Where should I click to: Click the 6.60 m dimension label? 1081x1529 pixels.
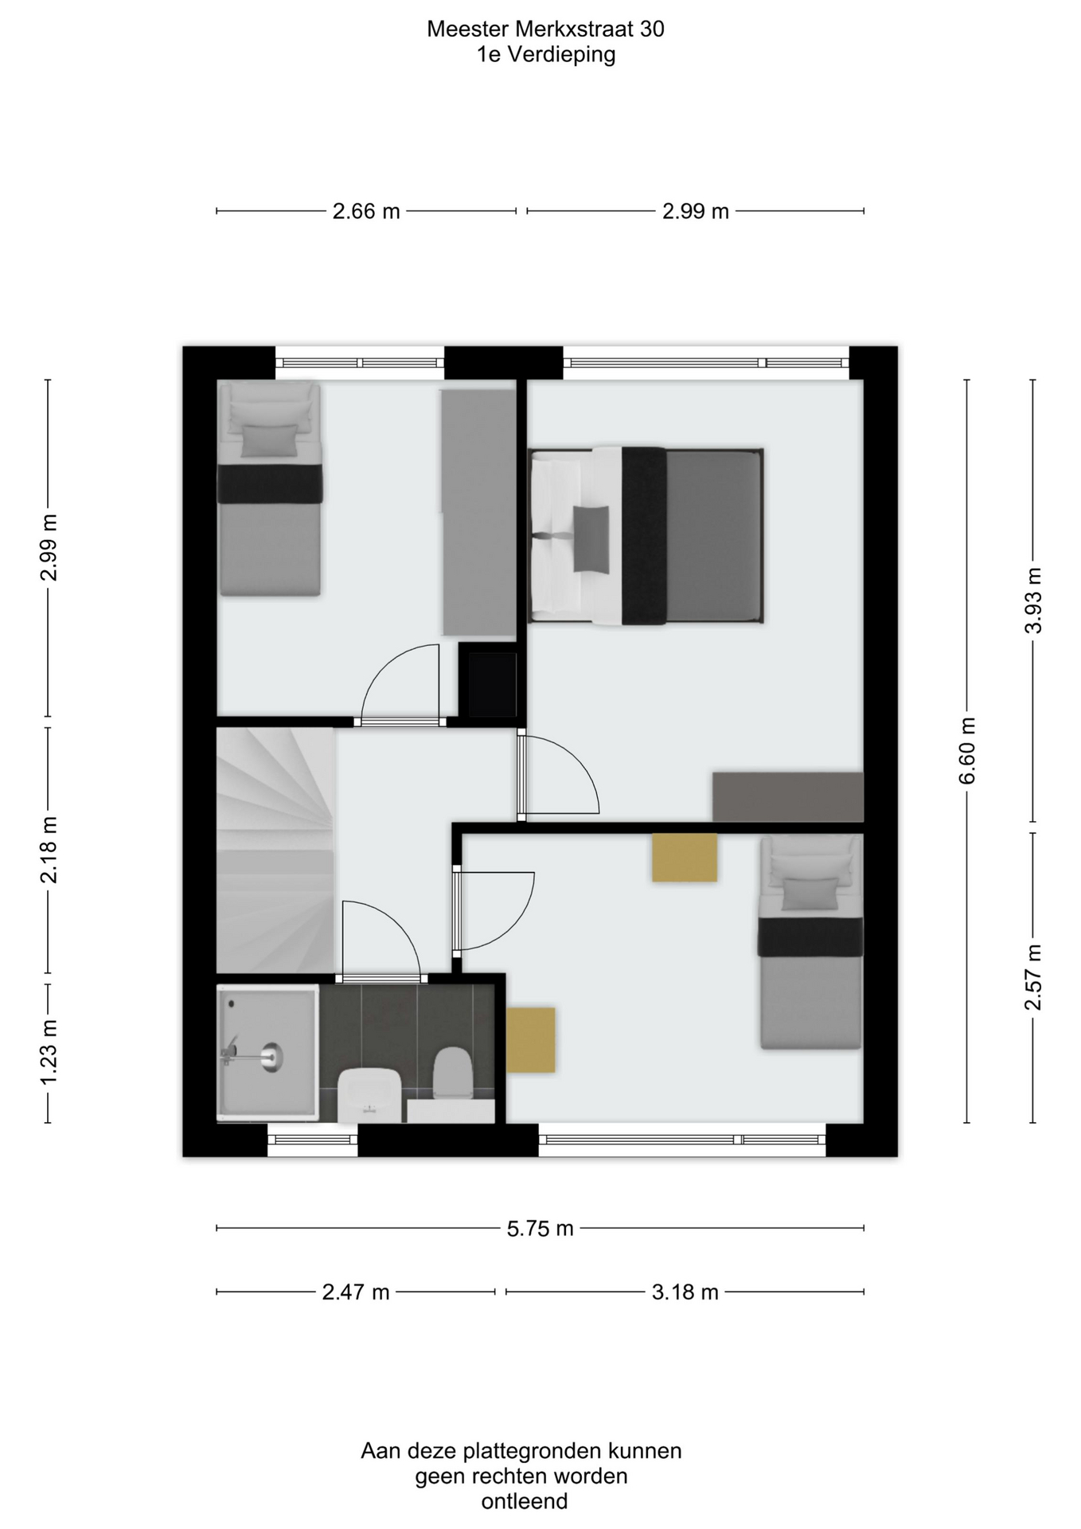click(967, 750)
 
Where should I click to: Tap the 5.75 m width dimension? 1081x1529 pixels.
click(540, 1228)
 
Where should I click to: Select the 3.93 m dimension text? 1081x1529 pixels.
click(1032, 600)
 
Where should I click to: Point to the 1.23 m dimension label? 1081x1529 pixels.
click(49, 1050)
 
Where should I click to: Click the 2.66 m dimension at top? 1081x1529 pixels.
click(366, 211)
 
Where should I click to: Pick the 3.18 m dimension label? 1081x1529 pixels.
click(685, 1292)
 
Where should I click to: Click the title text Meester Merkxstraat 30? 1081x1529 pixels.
click(545, 29)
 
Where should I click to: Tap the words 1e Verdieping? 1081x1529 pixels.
click(546, 55)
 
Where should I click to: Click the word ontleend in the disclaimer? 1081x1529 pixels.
click(525, 1501)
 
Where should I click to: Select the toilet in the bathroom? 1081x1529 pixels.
click(453, 1073)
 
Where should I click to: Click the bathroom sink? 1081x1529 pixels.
click(369, 1095)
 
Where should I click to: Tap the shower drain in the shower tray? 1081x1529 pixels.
click(272, 1056)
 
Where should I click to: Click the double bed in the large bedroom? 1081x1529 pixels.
click(646, 535)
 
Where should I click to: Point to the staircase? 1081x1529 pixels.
click(275, 851)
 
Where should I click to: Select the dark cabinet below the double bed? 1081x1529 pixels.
click(787, 796)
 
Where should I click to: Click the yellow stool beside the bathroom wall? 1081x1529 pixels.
click(530, 1039)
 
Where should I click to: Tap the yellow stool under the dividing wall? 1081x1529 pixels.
click(685, 858)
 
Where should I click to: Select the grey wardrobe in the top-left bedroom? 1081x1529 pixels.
click(478, 512)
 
